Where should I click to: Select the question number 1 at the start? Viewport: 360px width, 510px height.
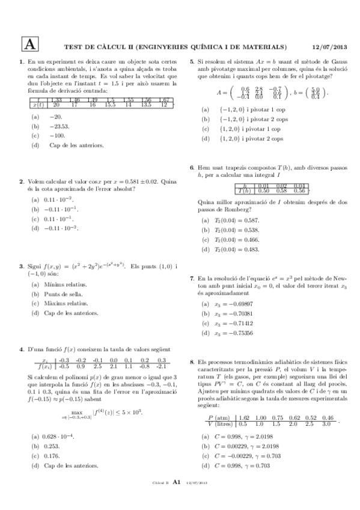(x=22, y=62)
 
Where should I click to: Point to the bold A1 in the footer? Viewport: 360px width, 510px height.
(x=177, y=499)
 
